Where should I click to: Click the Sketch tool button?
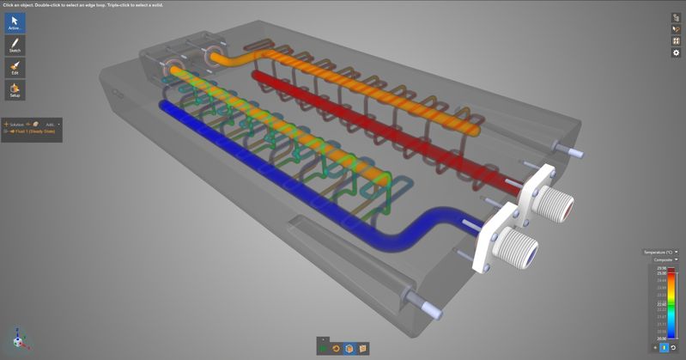click(15, 45)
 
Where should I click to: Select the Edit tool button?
click(15, 67)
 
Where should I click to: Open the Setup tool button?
click(15, 89)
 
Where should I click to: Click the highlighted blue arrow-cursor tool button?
click(15, 22)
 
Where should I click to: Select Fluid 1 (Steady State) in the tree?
click(34, 131)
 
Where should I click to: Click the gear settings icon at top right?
click(676, 52)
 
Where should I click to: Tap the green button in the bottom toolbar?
click(323, 348)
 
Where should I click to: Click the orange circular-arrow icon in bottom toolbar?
click(336, 348)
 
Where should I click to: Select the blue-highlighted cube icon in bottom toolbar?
click(349, 348)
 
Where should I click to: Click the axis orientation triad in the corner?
click(20, 338)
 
